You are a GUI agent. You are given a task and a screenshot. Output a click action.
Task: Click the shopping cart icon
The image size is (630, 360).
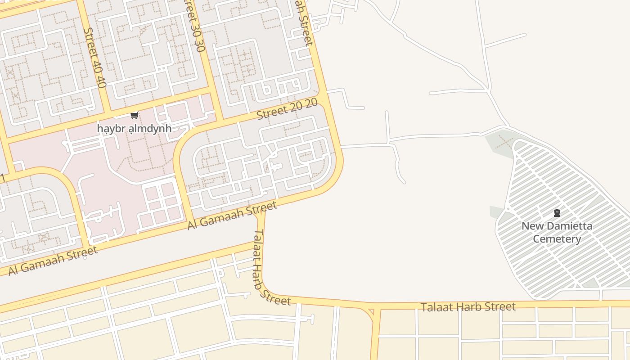134,116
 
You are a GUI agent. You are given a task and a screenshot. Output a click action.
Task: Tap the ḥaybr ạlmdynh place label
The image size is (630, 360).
134,129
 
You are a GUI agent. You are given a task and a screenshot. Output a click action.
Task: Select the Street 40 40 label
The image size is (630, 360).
95,58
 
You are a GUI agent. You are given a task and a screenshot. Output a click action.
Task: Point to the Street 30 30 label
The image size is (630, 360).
195,27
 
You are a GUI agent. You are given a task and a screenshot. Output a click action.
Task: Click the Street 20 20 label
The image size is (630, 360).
287,109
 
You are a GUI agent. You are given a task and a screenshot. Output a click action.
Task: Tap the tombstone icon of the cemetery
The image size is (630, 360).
557,213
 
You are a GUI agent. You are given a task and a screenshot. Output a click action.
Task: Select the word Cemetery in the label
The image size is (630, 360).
557,239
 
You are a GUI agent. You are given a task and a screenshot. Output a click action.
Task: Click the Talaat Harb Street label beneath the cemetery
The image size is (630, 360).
468,307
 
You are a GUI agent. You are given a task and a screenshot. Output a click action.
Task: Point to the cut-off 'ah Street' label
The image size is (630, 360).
304,22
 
